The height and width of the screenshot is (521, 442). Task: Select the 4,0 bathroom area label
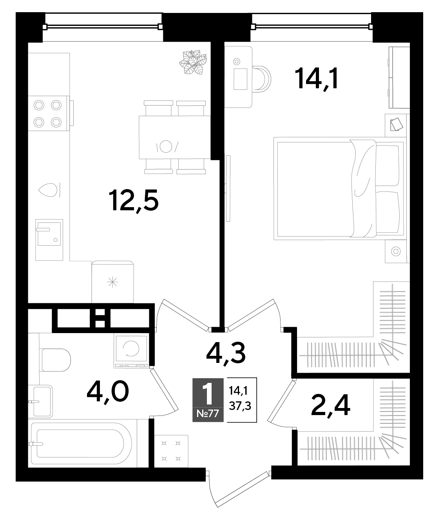click(107, 392)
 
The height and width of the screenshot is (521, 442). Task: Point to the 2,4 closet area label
click(330, 406)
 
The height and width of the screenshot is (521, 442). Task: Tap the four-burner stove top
click(49, 113)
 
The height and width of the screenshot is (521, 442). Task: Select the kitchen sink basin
click(49, 234)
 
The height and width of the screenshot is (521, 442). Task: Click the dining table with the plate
click(175, 137)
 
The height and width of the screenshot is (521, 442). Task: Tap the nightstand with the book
click(396, 125)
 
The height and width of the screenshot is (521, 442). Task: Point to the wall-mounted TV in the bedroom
click(228, 188)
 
